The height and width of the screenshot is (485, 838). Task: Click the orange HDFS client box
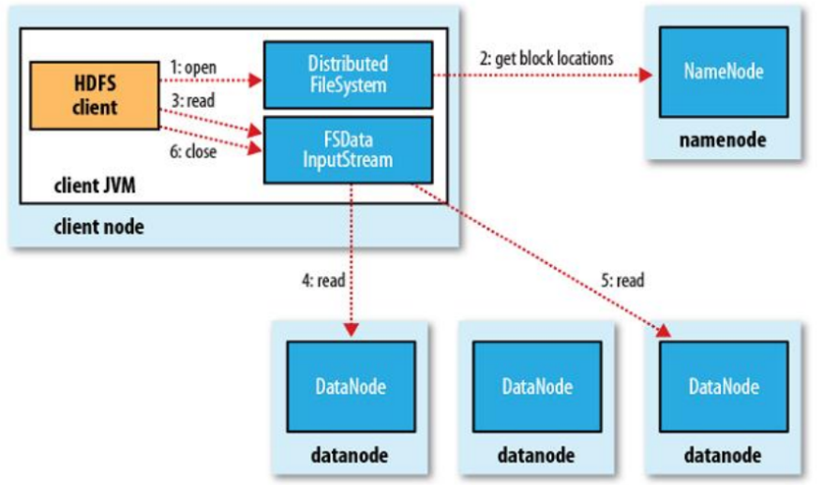click(95, 96)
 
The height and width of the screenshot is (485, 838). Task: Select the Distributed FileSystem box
click(349, 74)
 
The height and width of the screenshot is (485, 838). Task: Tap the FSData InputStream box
click(349, 149)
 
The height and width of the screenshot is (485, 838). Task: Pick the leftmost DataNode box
click(351, 386)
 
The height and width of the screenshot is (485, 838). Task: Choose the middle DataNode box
click(536, 386)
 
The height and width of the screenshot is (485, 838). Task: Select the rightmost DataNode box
click(723, 386)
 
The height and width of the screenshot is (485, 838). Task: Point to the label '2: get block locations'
click(546, 58)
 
